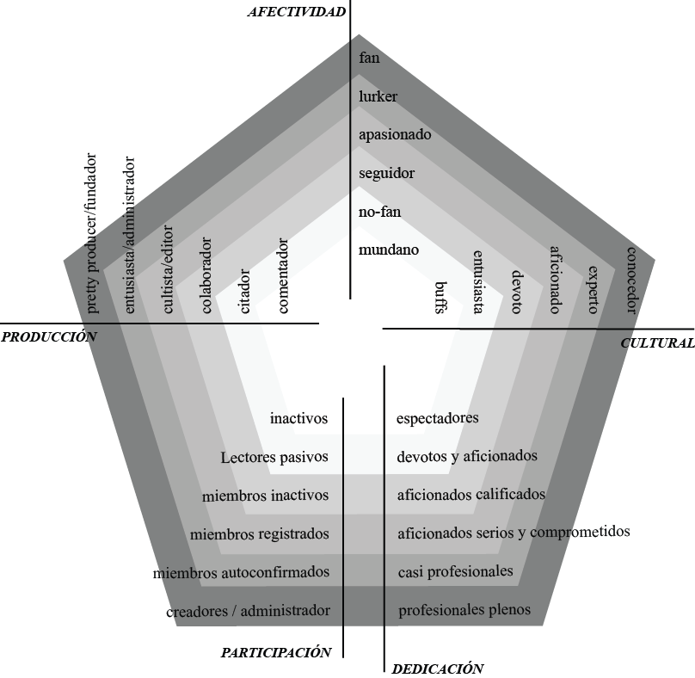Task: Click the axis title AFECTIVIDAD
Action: [297, 11]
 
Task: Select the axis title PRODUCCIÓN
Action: [48, 337]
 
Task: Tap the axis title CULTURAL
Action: [657, 342]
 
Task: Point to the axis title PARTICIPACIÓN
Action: [275, 652]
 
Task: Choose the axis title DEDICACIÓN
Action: [437, 669]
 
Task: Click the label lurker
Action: [378, 96]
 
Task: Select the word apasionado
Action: [395, 134]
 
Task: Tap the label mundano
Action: [389, 250]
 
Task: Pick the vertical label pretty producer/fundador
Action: [92, 232]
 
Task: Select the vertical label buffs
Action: [440, 299]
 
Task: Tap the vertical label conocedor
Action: [631, 280]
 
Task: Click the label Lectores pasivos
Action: [274, 458]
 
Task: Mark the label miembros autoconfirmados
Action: [241, 572]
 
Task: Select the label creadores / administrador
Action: [248, 611]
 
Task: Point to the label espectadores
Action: [437, 418]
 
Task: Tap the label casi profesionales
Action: [455, 571]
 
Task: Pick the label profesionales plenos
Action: [464, 610]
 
